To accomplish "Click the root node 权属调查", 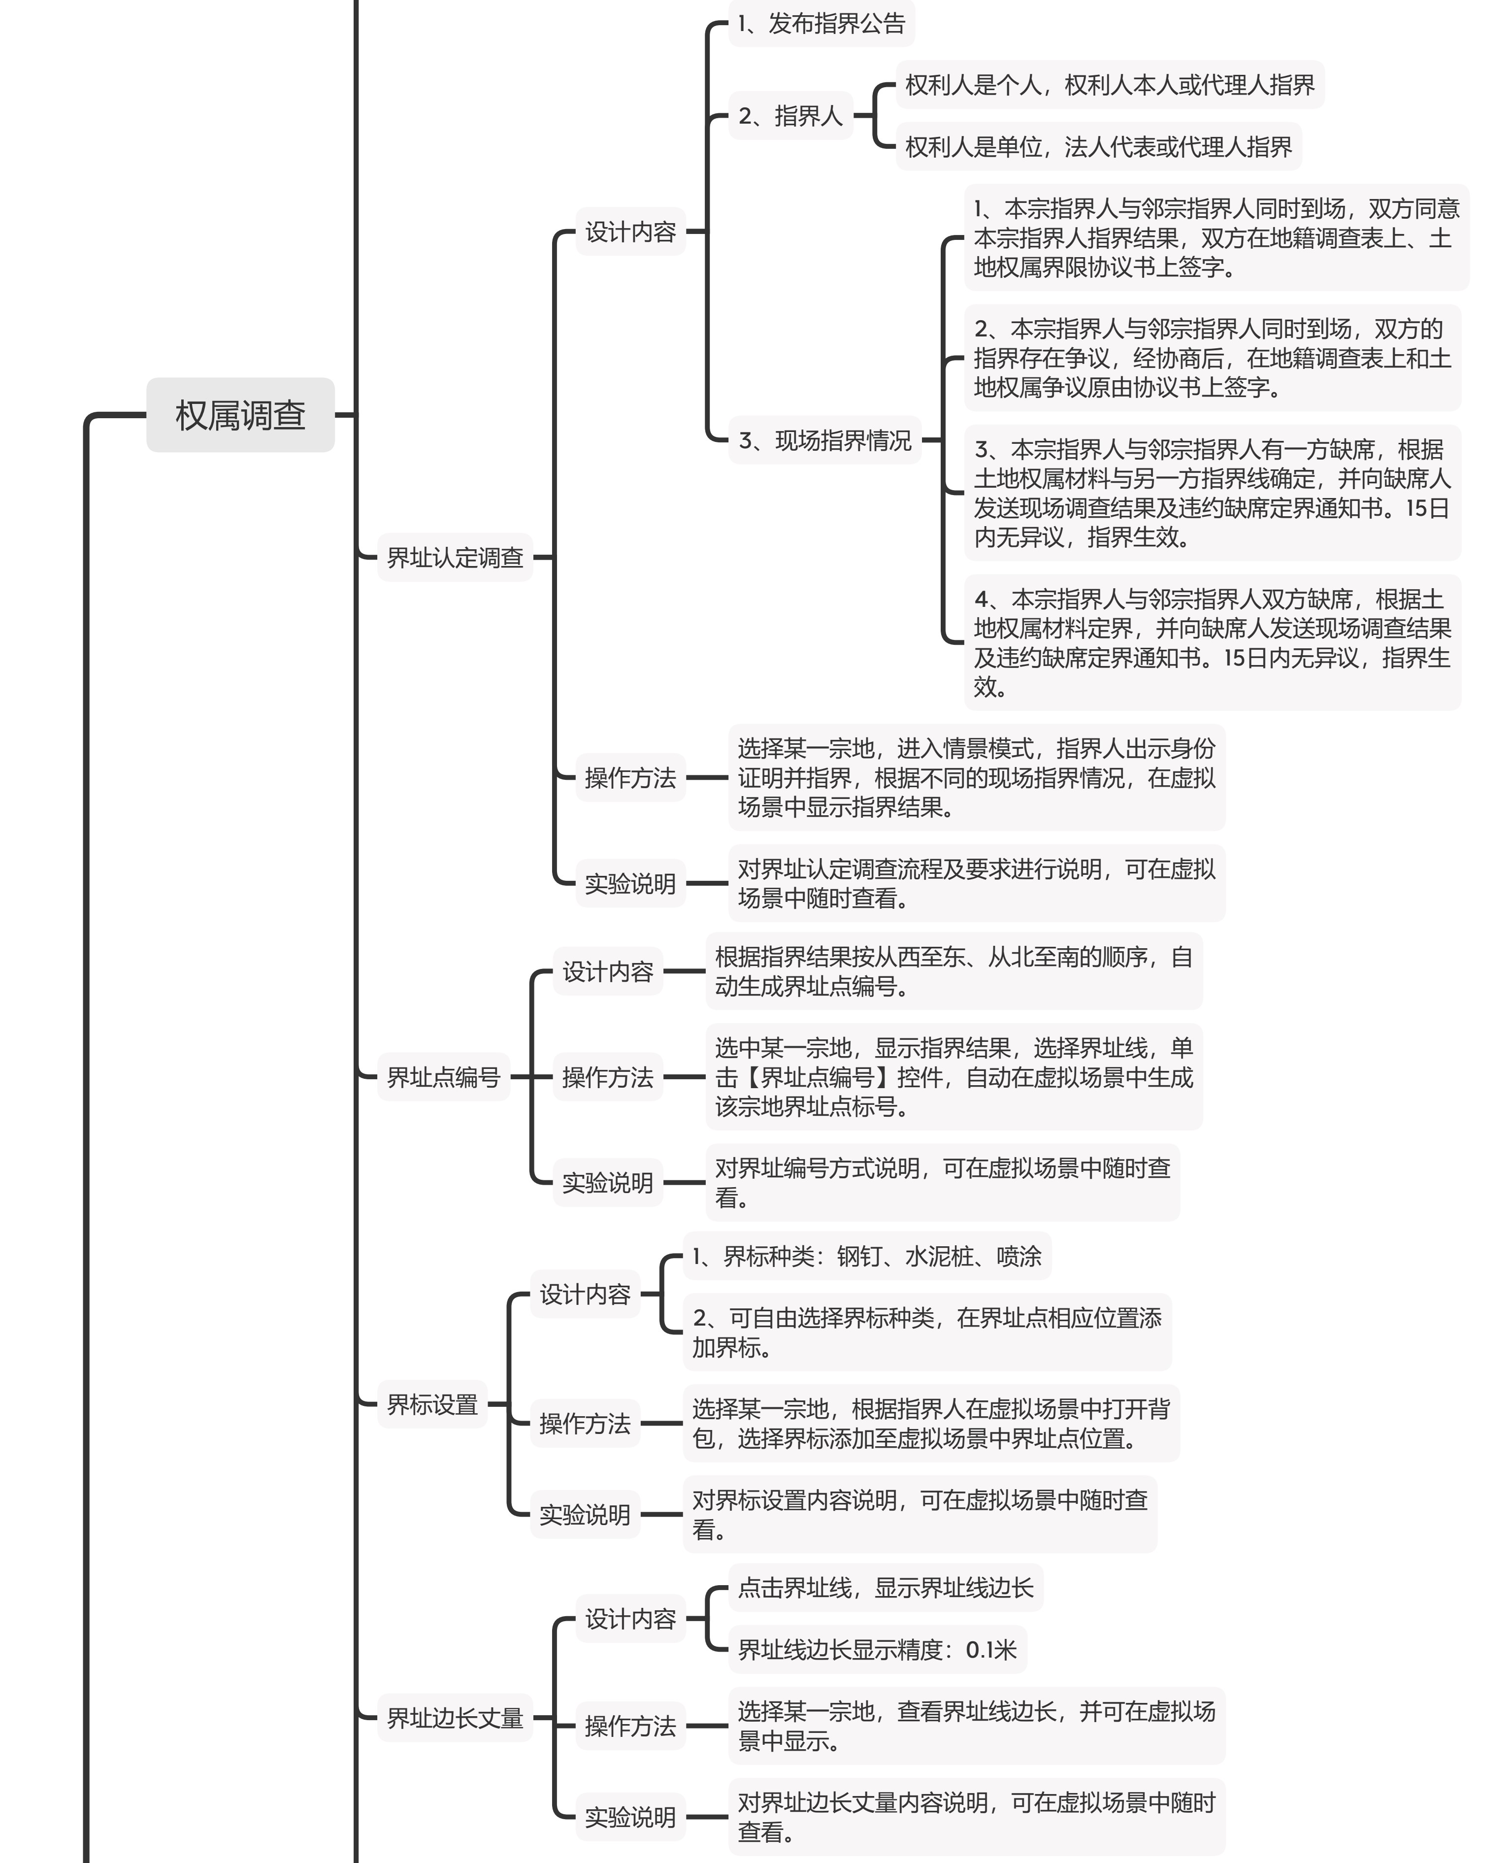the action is (x=240, y=415).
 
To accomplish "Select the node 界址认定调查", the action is (x=455, y=558).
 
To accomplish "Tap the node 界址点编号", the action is (x=443, y=1077).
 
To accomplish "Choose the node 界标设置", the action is (x=432, y=1404).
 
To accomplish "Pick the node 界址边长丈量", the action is (x=455, y=1718).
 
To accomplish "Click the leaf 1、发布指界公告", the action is (x=822, y=24).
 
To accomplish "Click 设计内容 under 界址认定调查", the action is (x=630, y=232).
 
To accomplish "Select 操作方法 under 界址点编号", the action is (x=608, y=1077).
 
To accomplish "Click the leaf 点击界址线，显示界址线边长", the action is (x=886, y=1588).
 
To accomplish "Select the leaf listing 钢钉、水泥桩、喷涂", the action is (x=867, y=1256).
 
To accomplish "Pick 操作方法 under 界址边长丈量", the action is (x=630, y=1726).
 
